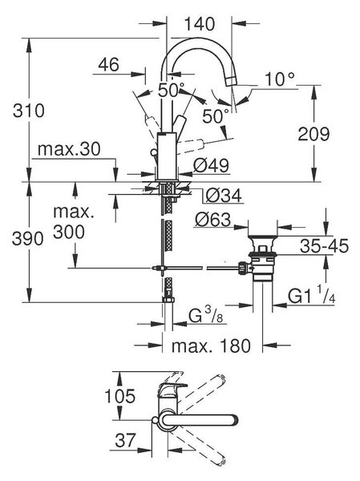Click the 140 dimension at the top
(199, 24)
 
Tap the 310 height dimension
(29, 111)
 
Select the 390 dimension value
(27, 238)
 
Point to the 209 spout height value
(313, 134)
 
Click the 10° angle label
(280, 79)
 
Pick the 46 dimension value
(108, 65)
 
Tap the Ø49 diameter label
(211, 166)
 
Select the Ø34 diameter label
(224, 196)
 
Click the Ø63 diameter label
(212, 220)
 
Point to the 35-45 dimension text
(324, 246)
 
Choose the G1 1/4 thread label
(312, 295)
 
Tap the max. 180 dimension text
(211, 346)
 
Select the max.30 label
(69, 149)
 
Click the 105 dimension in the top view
(119, 396)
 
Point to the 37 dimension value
(125, 440)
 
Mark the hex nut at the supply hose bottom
(168, 300)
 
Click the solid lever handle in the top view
(200, 420)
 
